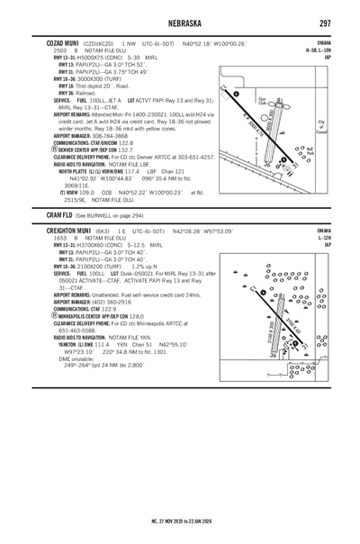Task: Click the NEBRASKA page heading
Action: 180,23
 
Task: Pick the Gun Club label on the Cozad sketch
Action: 263,100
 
